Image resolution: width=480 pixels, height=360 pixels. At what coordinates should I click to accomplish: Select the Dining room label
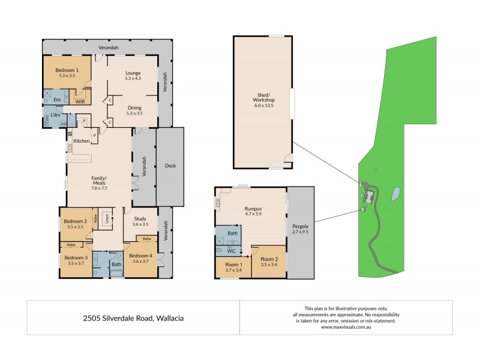134,109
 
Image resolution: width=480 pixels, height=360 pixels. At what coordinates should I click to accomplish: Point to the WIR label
80,102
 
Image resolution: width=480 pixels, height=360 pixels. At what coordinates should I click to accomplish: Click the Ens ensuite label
57,99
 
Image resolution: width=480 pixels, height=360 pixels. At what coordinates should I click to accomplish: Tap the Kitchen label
82,141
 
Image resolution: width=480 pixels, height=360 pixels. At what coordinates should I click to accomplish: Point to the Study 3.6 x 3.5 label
140,221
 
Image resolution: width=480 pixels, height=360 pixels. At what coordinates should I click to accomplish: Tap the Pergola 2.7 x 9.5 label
301,229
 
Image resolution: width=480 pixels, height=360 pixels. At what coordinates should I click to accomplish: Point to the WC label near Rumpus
231,251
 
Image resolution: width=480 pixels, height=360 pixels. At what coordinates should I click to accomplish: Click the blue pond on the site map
395,194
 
